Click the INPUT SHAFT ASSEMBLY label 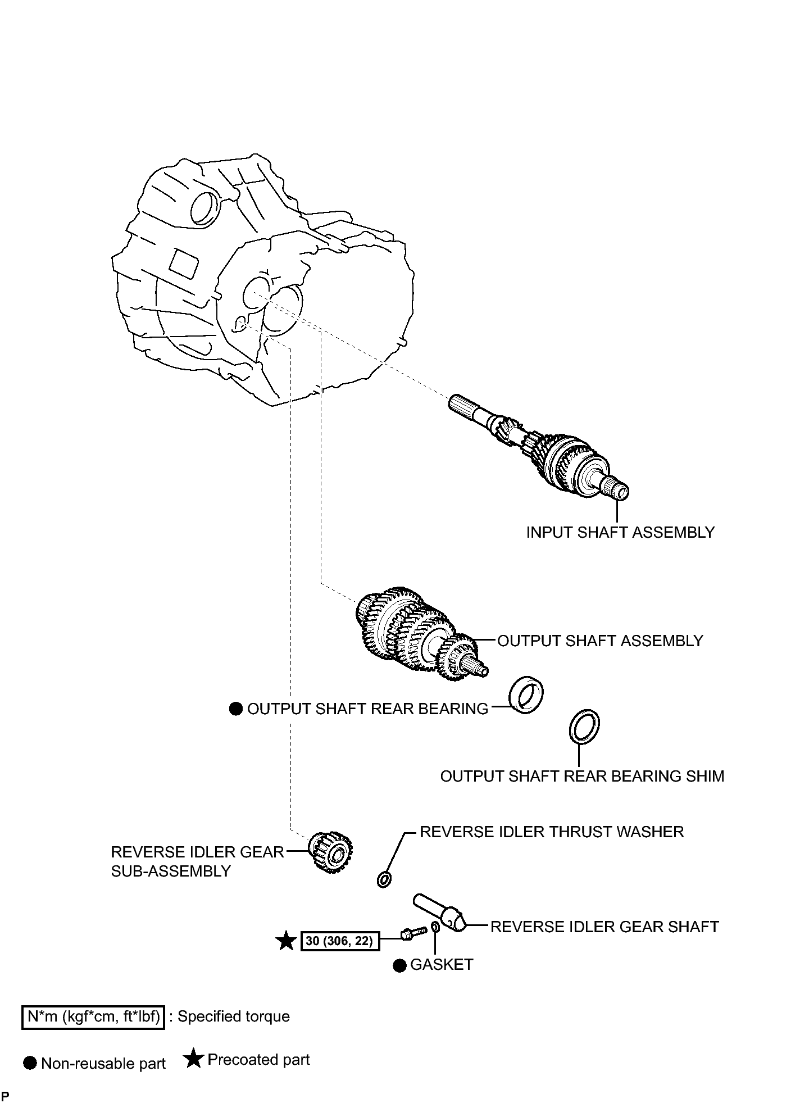tap(620, 532)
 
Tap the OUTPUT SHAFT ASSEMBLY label tap(600, 641)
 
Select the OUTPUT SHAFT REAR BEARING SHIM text tap(582, 776)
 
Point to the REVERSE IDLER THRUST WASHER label tap(552, 832)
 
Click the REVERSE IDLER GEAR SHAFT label tap(604, 927)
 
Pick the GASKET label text tap(442, 964)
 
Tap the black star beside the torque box tap(287, 941)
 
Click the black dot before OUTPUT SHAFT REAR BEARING tap(235, 709)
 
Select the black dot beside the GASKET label tap(399, 965)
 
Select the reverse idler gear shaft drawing tap(440, 913)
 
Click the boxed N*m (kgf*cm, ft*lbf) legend tap(93, 1016)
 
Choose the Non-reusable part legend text tap(103, 1064)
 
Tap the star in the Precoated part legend tap(193, 1059)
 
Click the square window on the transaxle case tap(184, 262)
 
